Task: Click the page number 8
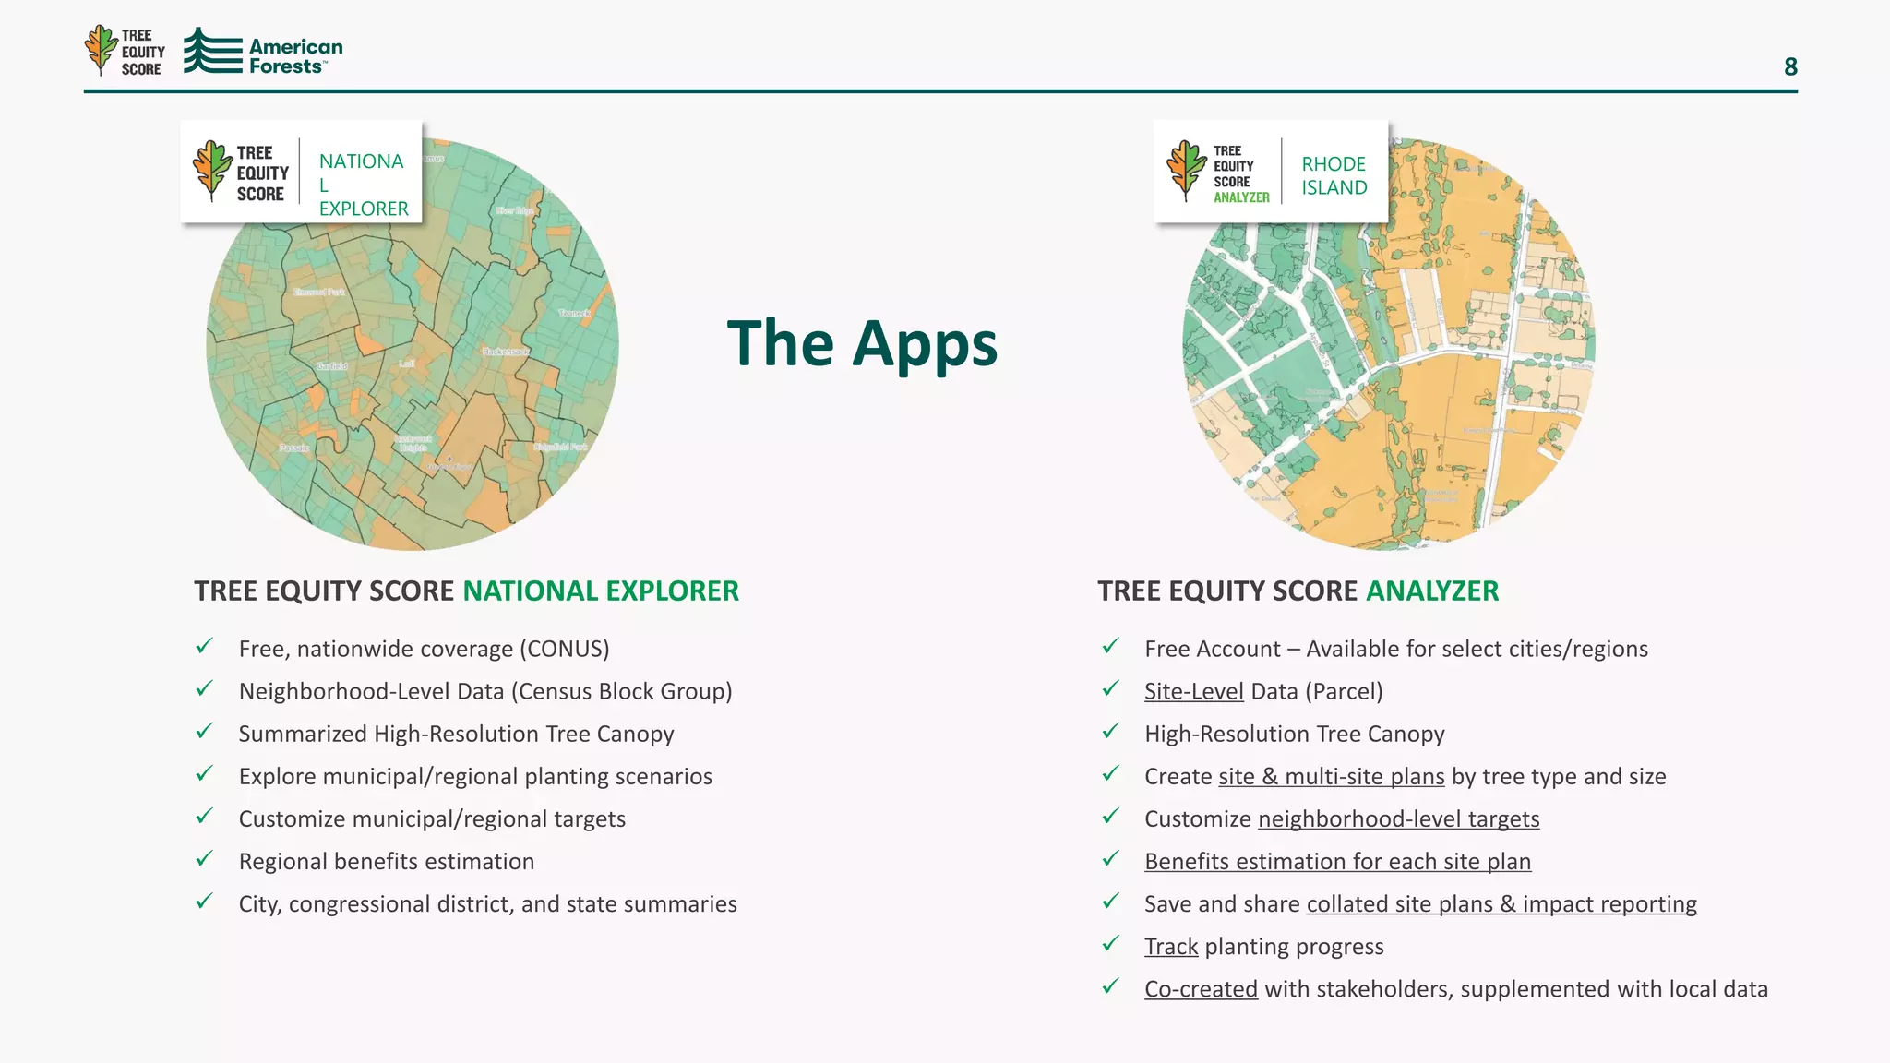pos(1790,66)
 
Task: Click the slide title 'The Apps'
pos(862,343)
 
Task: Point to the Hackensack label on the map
pos(506,352)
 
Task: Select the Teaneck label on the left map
pos(574,313)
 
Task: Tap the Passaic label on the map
pos(294,448)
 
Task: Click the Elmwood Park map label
pos(319,292)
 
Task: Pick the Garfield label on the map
pos(332,366)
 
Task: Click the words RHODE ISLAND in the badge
pos(1334,175)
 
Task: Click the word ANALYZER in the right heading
pos(1432,591)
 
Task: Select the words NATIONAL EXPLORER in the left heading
pos(601,591)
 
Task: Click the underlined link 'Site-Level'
pos(1193,691)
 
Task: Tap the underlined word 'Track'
pos(1171,946)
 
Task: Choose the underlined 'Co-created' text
pos(1201,988)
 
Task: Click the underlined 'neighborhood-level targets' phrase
pos(1398,818)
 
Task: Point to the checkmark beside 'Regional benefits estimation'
pos(205,859)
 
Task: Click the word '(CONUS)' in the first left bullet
pos(564,649)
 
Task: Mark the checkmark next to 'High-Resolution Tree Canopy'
pos(1111,732)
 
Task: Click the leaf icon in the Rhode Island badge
pos(1186,170)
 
